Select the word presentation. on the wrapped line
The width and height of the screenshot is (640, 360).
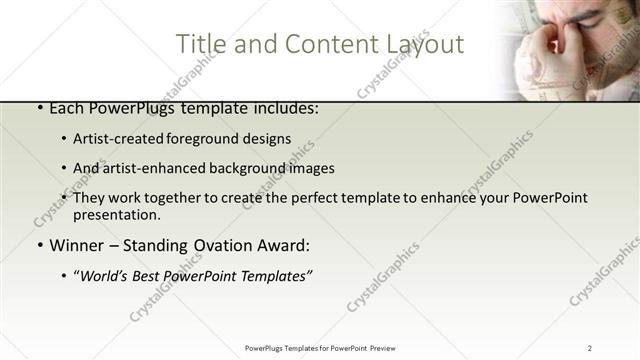coord(117,214)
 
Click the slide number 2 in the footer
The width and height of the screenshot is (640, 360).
coord(589,348)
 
